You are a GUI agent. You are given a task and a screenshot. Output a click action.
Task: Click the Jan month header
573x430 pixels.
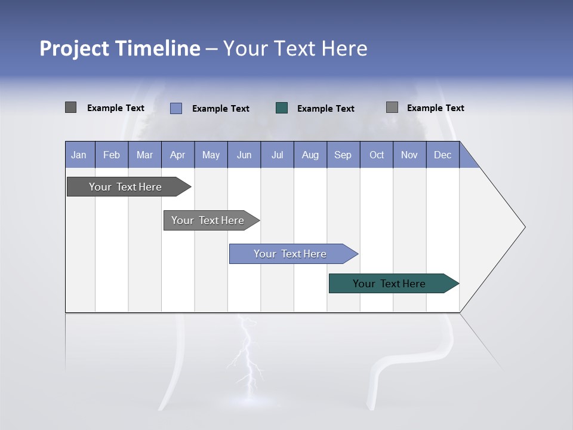(79, 155)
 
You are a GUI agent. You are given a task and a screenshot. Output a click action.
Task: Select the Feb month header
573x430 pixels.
(112, 155)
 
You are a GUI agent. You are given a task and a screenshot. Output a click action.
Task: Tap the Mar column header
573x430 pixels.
(144, 155)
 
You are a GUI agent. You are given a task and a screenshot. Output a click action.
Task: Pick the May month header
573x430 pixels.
(211, 155)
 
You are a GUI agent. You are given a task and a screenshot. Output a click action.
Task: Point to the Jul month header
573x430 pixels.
(277, 155)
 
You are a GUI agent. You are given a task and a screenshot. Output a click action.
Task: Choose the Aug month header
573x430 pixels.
(310, 155)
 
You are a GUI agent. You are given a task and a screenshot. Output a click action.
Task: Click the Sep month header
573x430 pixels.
(343, 155)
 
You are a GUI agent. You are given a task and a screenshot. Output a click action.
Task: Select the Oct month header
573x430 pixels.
(377, 155)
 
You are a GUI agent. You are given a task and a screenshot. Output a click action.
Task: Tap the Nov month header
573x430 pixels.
(409, 155)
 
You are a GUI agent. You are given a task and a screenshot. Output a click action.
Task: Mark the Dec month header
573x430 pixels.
(443, 155)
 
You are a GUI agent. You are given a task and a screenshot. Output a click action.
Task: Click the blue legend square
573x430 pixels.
(176, 108)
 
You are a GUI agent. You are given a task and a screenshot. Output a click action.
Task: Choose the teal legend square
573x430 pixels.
(282, 108)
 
